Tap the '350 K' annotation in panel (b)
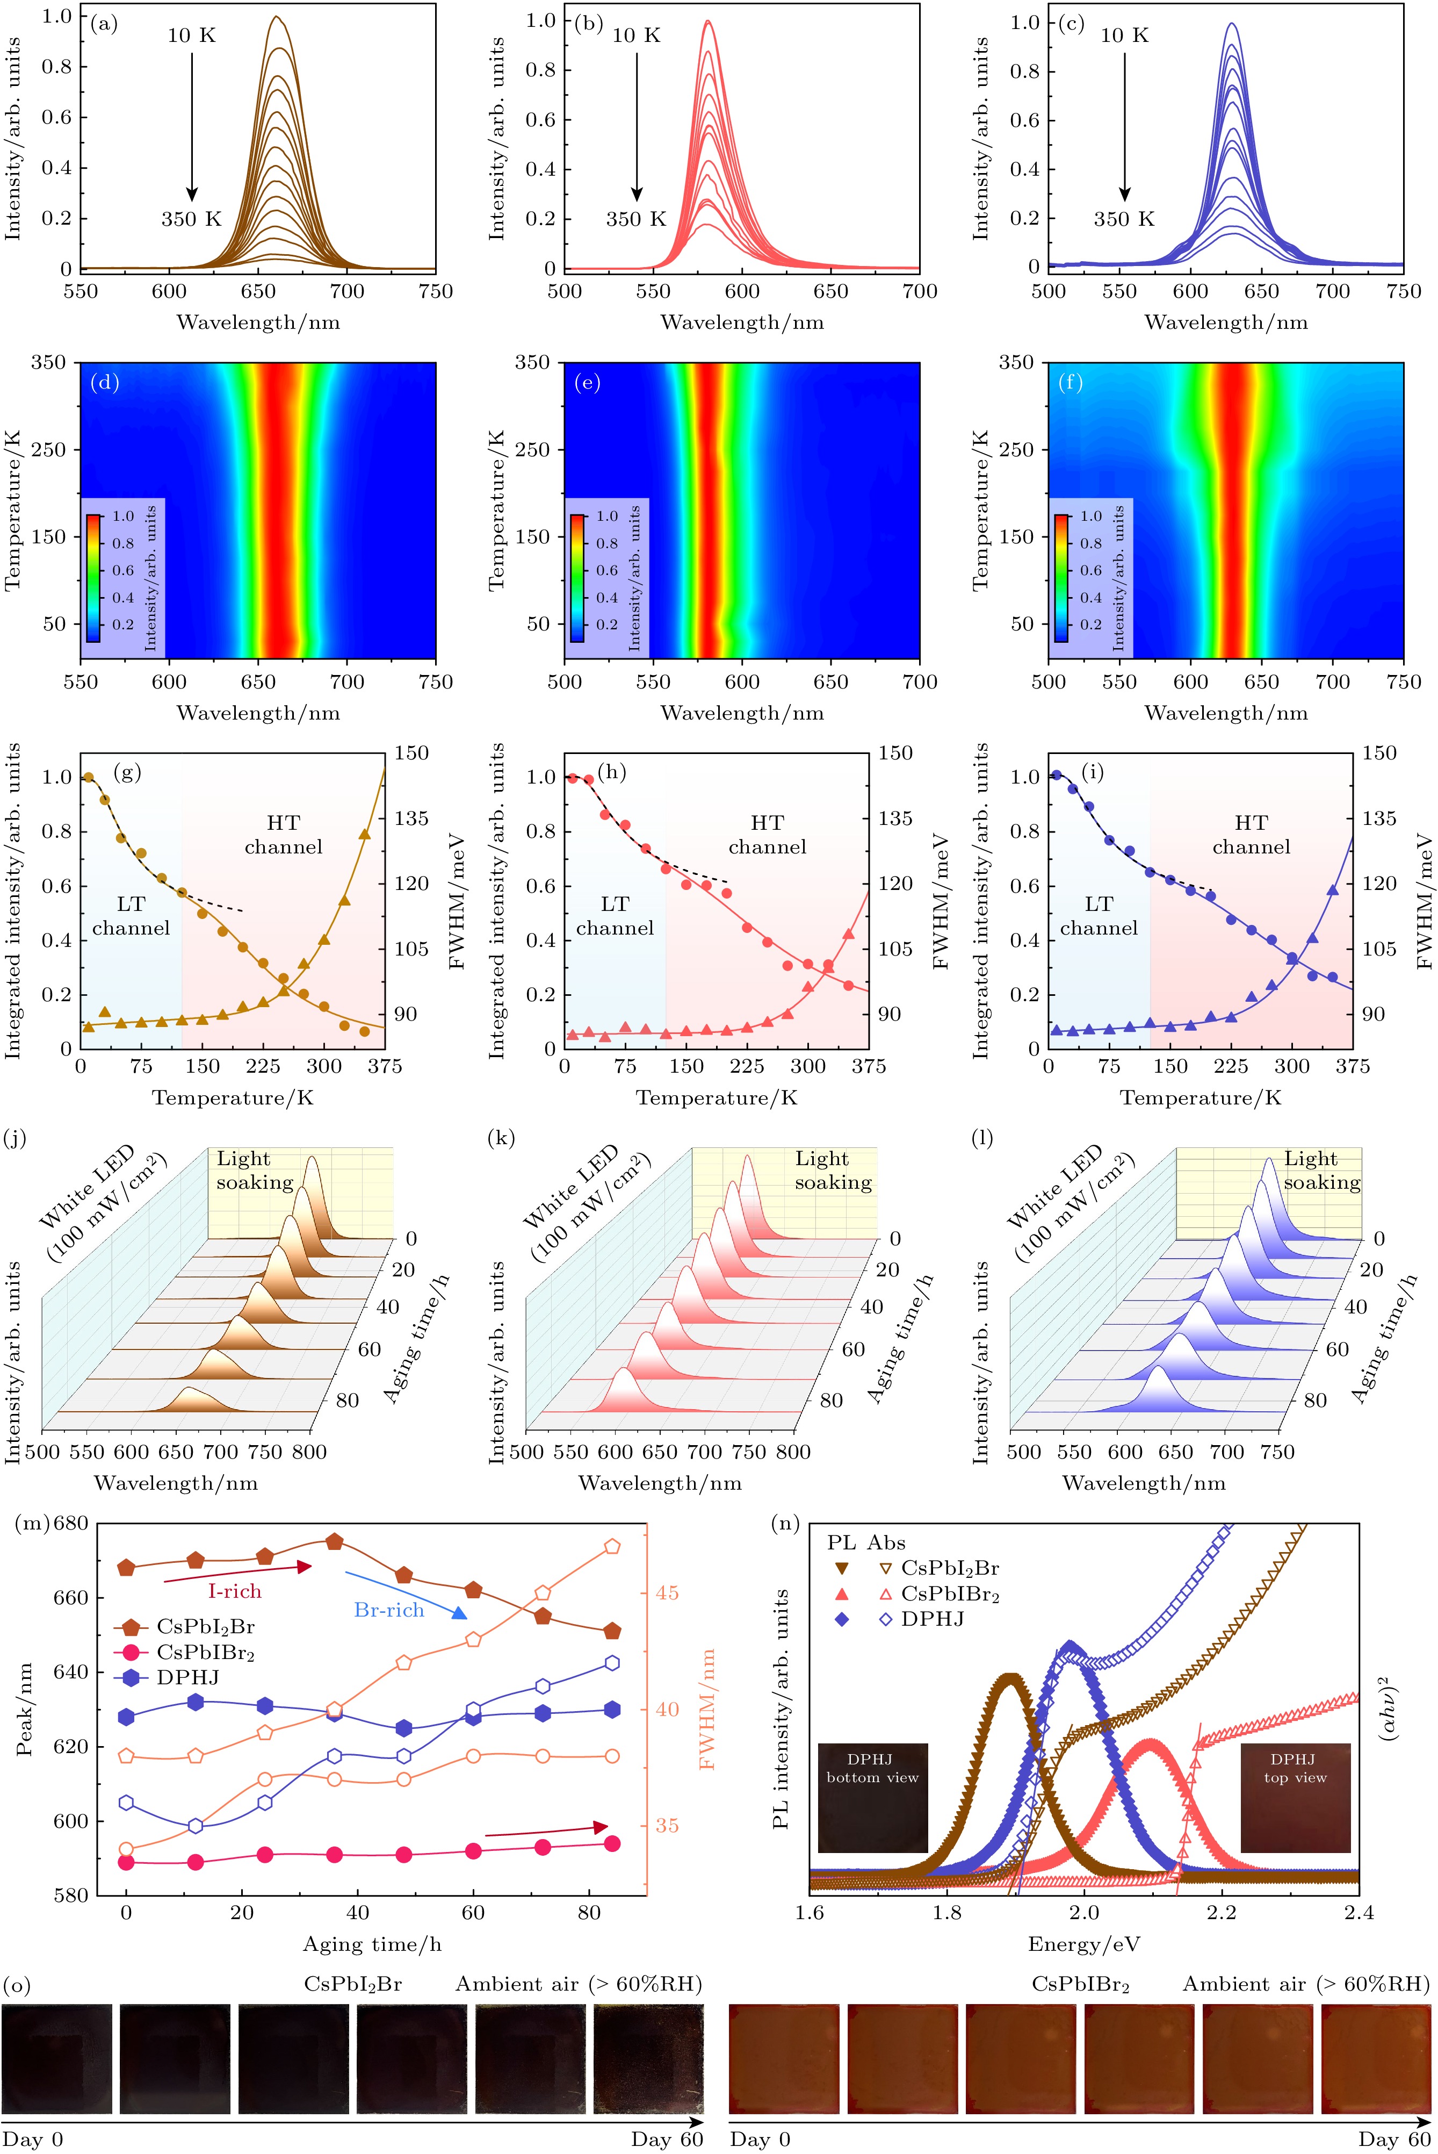click(635, 219)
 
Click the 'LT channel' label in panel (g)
click(131, 916)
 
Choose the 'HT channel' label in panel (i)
click(1251, 835)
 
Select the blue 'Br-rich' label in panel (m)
click(389, 1610)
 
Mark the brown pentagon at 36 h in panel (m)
click(335, 1542)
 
